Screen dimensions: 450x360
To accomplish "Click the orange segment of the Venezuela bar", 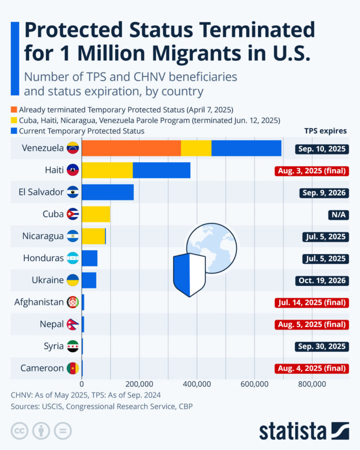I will click(x=131, y=148).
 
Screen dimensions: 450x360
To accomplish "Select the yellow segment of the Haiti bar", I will click(x=107, y=170).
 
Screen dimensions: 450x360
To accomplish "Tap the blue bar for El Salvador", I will click(x=108, y=192).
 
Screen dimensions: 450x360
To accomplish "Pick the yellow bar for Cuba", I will click(x=96, y=214).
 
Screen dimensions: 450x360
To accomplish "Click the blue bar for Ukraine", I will click(x=89, y=280).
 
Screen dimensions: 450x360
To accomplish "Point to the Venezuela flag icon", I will click(x=72, y=148).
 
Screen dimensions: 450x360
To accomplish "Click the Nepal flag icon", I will click(x=72, y=324).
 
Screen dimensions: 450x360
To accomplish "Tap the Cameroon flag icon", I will click(x=72, y=368).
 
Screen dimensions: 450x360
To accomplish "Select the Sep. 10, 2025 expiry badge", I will click(x=322, y=149).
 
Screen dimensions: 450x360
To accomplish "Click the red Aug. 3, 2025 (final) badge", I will click(x=311, y=171).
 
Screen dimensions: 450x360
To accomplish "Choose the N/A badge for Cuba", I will click(x=336, y=215).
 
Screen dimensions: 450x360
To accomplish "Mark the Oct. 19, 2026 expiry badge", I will click(x=322, y=280).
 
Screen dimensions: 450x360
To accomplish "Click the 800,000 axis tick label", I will click(x=312, y=384).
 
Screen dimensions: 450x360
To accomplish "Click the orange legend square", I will click(x=13, y=110).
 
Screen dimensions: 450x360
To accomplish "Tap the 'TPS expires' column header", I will click(x=325, y=131).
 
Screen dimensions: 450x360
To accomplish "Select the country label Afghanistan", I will click(x=39, y=302).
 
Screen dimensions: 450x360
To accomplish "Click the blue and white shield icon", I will click(x=189, y=274).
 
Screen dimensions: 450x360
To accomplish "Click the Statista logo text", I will click(x=293, y=431).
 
